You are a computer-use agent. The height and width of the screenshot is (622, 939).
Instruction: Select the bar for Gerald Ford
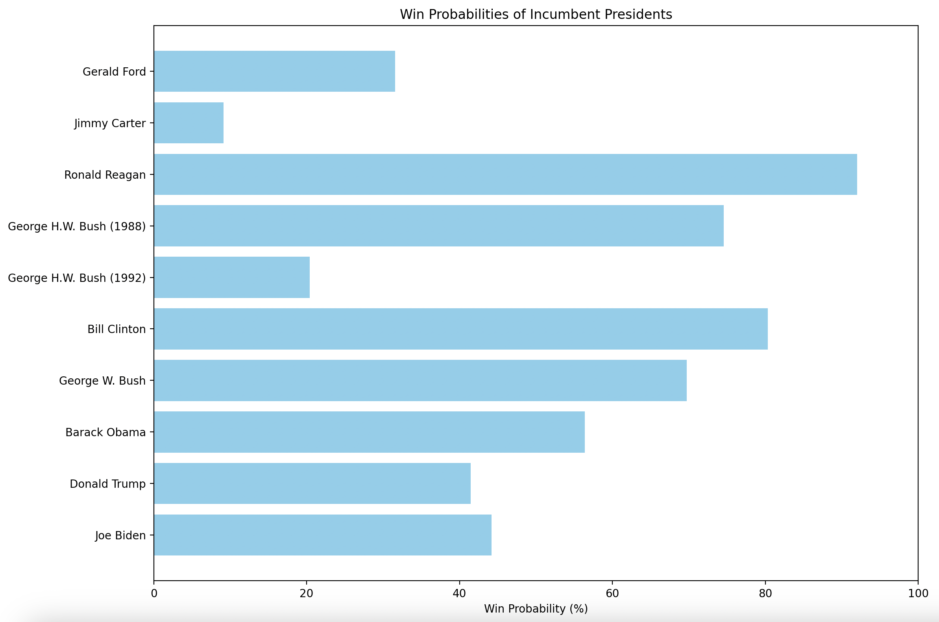[274, 71]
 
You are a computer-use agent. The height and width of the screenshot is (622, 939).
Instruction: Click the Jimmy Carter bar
[189, 123]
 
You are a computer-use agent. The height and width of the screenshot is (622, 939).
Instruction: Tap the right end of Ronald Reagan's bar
[856, 174]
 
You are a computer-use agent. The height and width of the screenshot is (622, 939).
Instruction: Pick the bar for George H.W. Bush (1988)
[438, 226]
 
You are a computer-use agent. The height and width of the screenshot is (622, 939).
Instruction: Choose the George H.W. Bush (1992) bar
[231, 278]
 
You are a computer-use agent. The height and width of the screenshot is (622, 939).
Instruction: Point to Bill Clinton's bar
[461, 329]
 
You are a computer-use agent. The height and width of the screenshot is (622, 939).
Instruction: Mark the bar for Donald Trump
[312, 483]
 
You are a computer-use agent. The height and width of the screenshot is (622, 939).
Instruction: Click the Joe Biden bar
[322, 535]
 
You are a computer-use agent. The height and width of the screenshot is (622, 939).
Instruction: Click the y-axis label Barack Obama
[105, 432]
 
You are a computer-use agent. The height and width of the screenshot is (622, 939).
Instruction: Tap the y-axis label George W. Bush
[102, 381]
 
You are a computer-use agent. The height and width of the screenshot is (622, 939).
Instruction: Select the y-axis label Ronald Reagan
[105, 175]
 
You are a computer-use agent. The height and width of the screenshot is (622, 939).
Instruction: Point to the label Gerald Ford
[114, 72]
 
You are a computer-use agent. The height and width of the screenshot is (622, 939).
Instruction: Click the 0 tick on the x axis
[154, 593]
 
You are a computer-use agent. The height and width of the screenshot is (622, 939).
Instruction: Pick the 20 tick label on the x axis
[307, 593]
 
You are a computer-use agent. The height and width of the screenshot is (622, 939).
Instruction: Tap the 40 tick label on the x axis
[459, 593]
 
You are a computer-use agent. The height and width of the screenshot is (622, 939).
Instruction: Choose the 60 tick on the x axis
[612, 593]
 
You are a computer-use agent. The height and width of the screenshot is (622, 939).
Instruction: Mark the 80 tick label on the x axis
[765, 593]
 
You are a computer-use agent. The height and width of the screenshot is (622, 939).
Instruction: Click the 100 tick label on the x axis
[918, 593]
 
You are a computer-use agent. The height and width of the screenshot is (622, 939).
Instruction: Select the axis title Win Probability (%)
[536, 609]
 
